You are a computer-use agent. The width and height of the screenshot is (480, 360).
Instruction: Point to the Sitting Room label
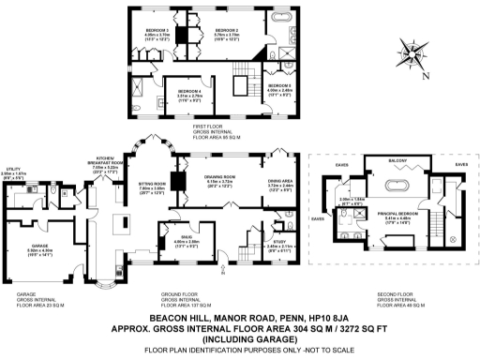click(152, 185)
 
